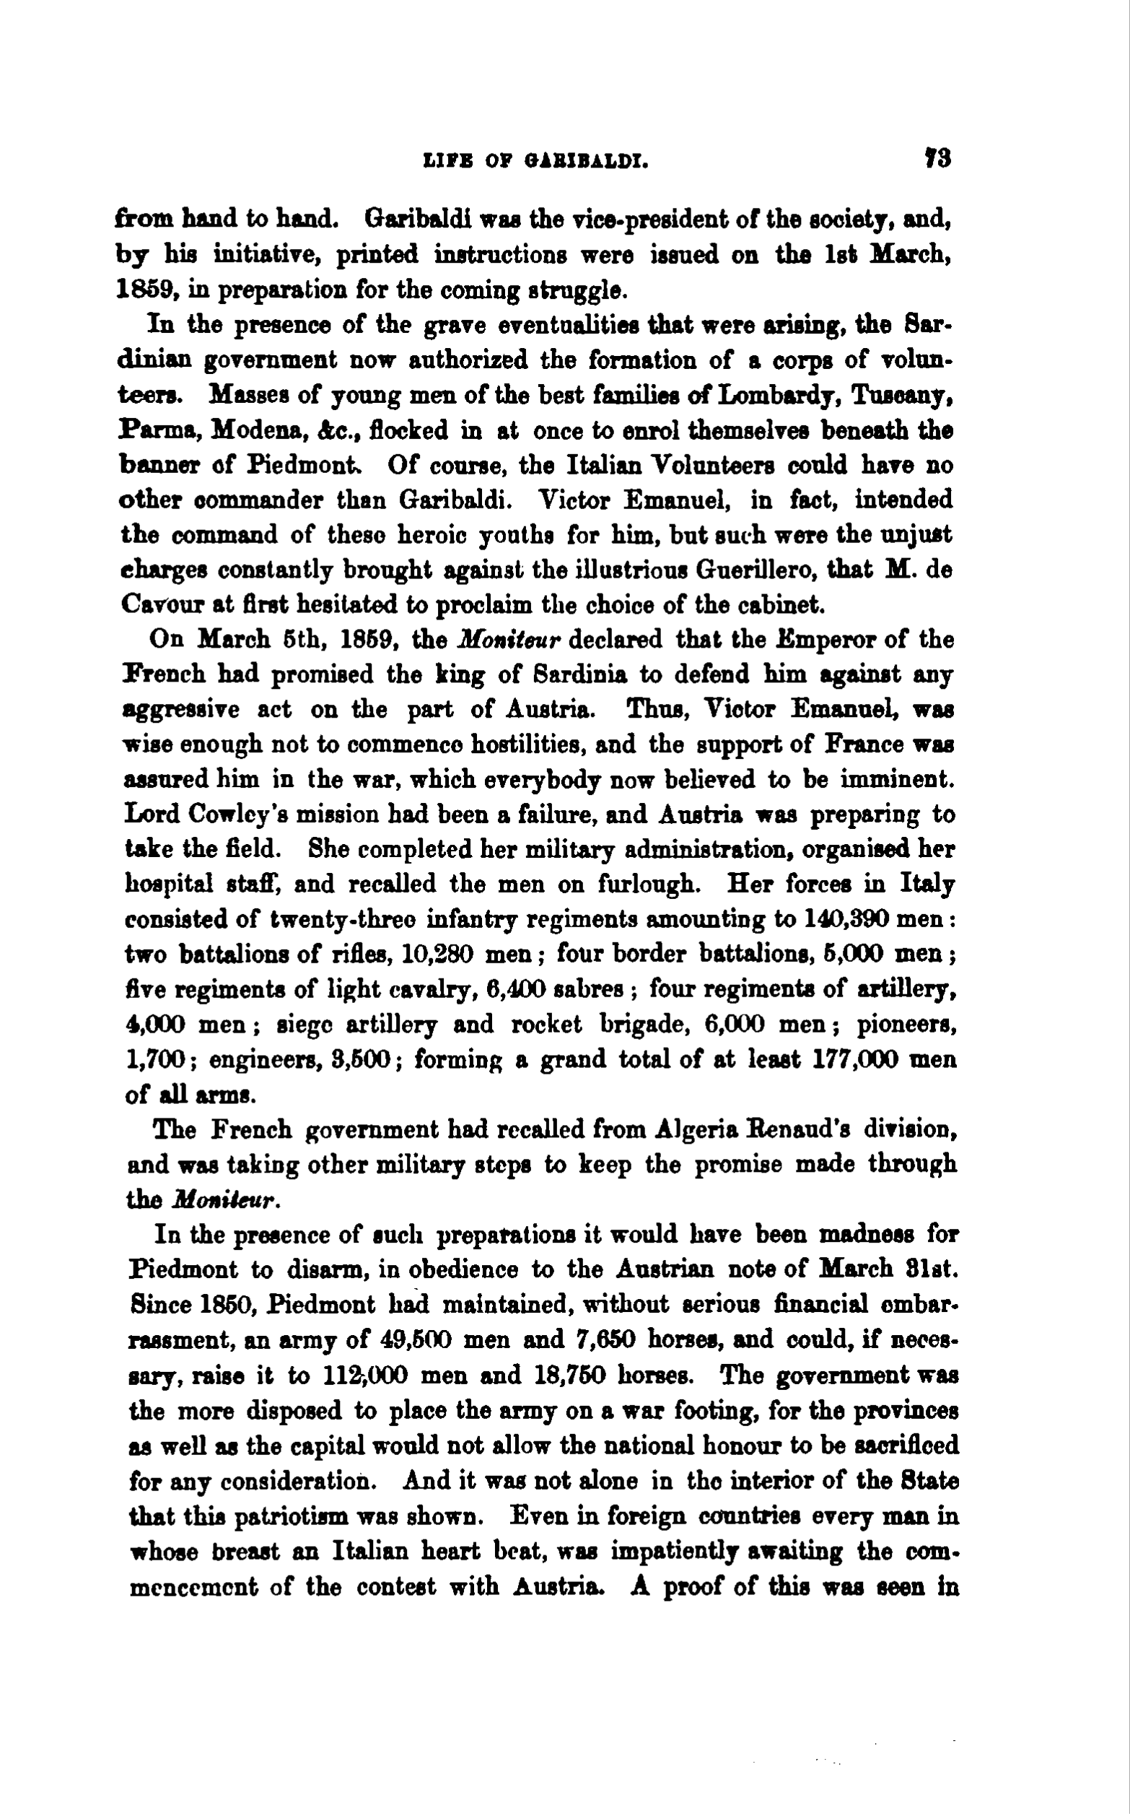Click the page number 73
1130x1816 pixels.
(x=937, y=160)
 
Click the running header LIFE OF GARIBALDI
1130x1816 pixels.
(x=535, y=161)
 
